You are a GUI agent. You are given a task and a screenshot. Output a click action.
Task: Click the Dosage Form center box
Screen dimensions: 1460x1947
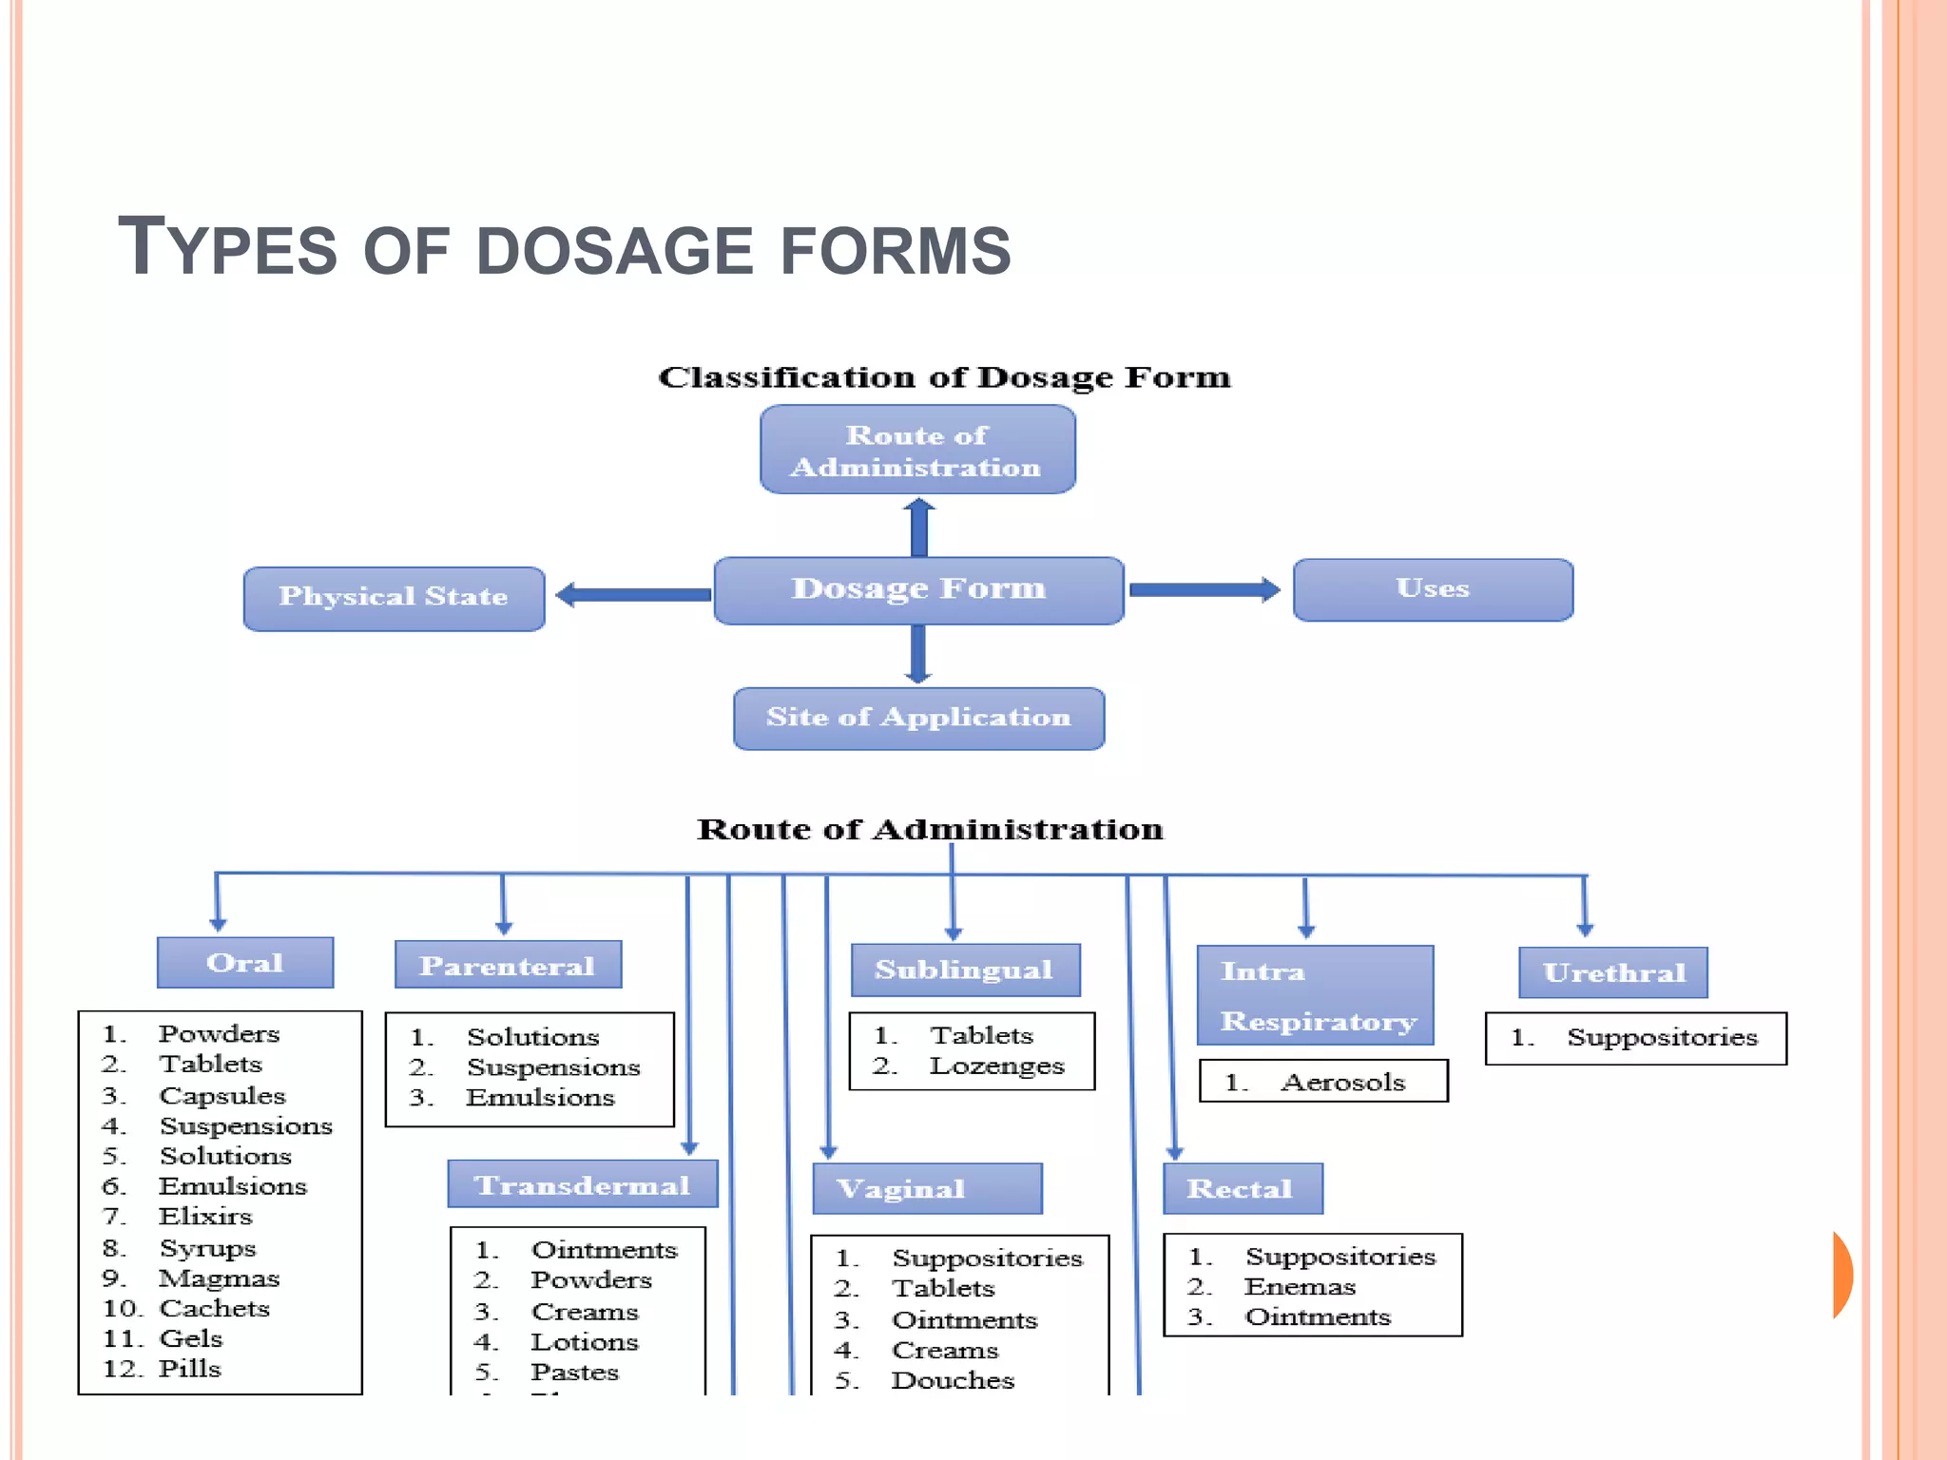(918, 590)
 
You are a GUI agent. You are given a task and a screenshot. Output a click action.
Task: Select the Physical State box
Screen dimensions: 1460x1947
(394, 598)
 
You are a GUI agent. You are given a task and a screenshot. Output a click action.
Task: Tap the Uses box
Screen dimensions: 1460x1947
(1433, 589)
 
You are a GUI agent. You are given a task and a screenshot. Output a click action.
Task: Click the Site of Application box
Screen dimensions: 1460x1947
(918, 718)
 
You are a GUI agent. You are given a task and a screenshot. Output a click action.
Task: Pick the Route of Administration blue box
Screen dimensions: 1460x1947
(917, 450)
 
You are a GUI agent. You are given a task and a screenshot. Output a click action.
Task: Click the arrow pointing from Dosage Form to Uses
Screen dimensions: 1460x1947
(1204, 589)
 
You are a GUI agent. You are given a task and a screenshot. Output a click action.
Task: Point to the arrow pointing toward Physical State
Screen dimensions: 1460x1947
(633, 595)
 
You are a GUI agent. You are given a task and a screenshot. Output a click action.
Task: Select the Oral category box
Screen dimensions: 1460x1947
(245, 962)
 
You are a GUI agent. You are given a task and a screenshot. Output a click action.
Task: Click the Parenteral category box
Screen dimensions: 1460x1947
(508, 965)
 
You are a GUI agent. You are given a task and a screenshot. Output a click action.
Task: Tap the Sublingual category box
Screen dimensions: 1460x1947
(965, 970)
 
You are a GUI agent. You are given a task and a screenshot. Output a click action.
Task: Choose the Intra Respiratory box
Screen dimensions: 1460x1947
(1315, 995)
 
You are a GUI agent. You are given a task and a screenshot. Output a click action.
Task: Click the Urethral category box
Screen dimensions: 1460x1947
(1613, 972)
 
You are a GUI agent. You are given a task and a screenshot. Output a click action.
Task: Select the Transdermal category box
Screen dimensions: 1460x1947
(582, 1184)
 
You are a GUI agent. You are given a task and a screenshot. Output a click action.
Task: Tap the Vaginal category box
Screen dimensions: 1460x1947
(927, 1188)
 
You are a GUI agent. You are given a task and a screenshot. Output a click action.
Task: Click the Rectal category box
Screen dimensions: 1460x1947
(1242, 1188)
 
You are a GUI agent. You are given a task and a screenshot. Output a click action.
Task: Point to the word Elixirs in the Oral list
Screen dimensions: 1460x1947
(205, 1217)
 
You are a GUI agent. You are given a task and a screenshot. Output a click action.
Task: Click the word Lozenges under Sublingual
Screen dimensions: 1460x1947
(996, 1066)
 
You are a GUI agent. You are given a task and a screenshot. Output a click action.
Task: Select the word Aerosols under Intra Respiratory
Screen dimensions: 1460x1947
(1342, 1082)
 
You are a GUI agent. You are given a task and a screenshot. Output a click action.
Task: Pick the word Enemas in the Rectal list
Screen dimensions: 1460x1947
(1300, 1286)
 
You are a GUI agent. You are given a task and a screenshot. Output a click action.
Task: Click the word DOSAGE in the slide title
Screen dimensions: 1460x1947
(614, 252)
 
